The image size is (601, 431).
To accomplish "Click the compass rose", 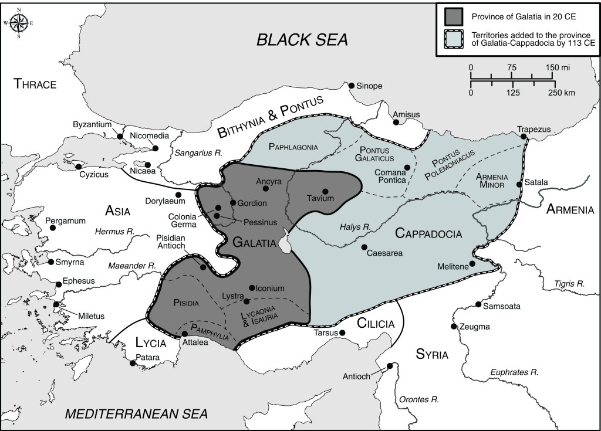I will tap(18, 23).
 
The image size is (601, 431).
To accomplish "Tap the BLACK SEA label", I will tap(302, 40).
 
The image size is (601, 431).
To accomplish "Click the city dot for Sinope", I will tap(352, 86).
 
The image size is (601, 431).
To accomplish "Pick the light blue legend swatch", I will tap(454, 39).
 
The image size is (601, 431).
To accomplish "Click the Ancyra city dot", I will tap(266, 189).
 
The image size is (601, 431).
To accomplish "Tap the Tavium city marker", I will tap(325, 191).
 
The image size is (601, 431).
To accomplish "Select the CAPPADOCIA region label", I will tap(428, 233).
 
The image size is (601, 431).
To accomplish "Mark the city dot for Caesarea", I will tap(364, 247).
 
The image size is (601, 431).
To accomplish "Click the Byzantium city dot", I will tap(120, 136).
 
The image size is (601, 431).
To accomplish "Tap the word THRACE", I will tap(35, 84).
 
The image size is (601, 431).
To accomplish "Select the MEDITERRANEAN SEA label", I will tap(136, 414).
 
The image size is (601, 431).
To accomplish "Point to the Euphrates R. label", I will tap(515, 372).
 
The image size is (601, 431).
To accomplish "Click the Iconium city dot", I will tap(252, 288).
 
